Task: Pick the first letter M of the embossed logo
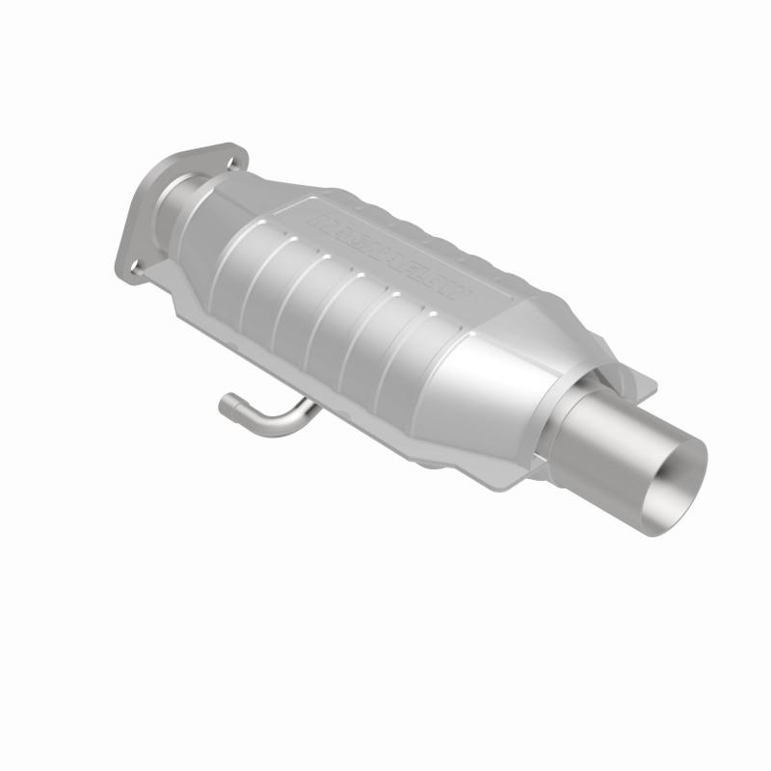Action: coord(317,221)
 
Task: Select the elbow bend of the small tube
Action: coord(253,416)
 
